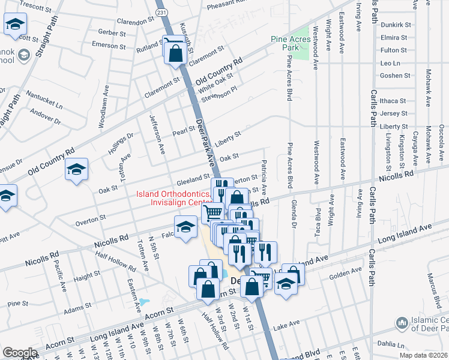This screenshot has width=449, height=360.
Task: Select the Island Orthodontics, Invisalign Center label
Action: click(x=173, y=198)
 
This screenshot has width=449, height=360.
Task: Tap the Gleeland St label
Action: click(x=192, y=180)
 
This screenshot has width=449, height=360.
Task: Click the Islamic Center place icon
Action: click(x=402, y=324)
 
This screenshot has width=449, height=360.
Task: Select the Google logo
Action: click(x=20, y=353)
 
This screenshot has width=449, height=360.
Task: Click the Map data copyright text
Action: click(x=423, y=355)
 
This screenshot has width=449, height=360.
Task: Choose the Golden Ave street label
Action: click(x=345, y=274)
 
